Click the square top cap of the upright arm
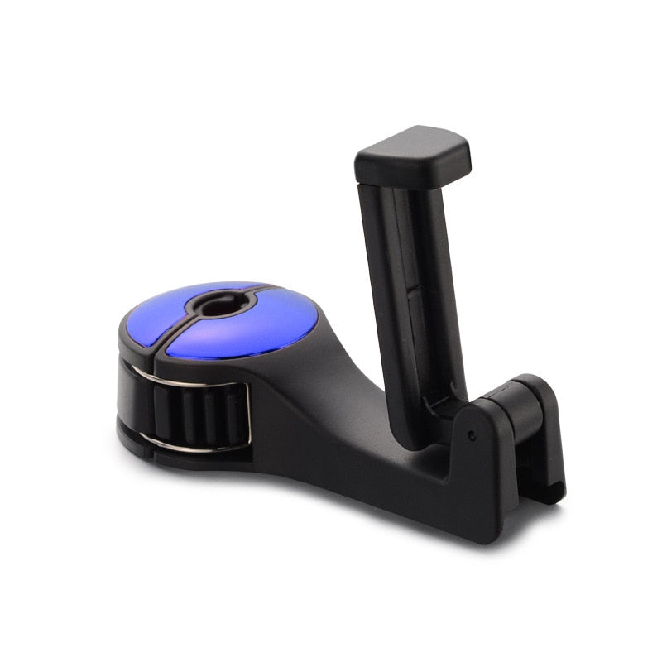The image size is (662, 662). tap(414, 155)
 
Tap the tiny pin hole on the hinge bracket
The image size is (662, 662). tap(471, 434)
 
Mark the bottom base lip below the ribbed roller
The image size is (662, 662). tap(190, 459)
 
